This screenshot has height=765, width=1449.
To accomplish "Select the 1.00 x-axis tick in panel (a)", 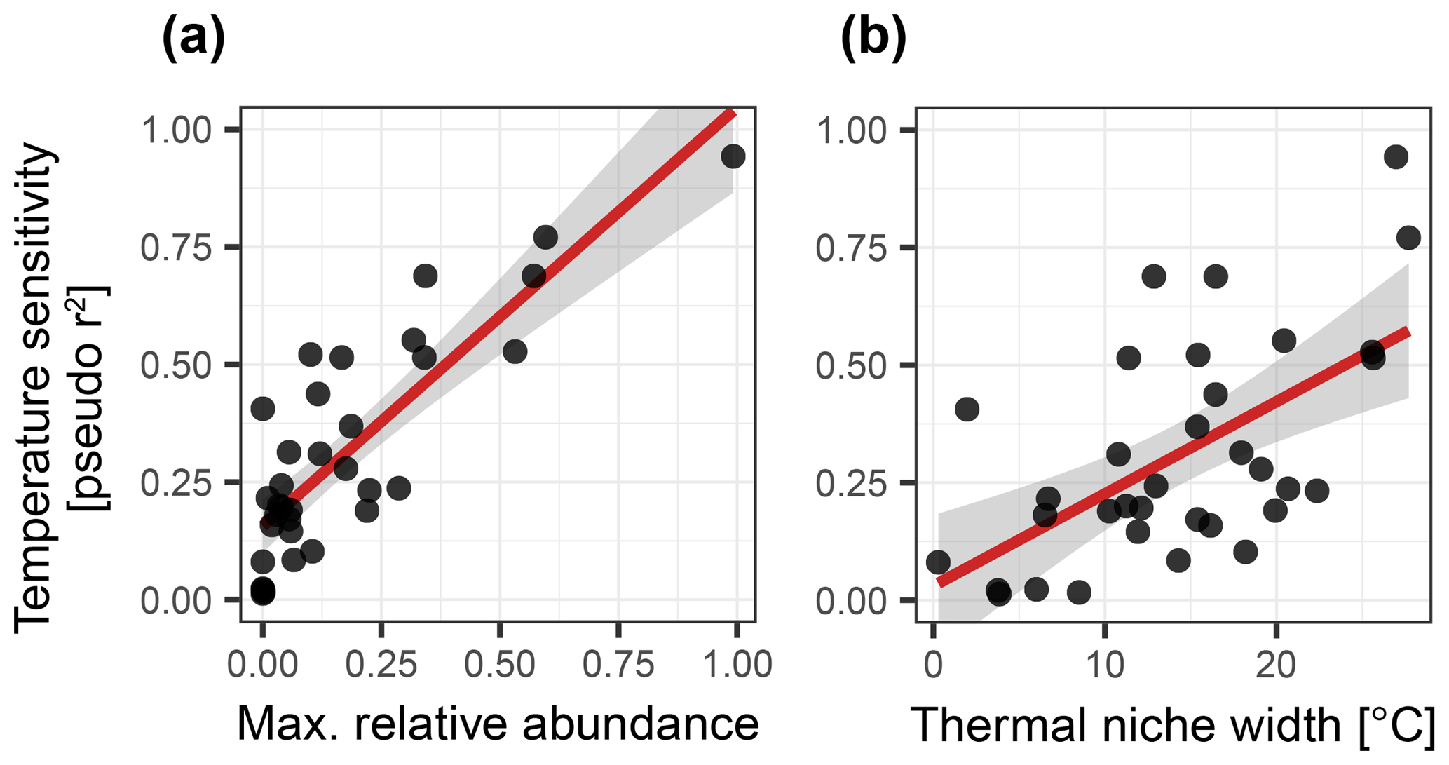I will (737, 663).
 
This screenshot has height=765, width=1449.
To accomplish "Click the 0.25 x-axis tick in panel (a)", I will (381, 663).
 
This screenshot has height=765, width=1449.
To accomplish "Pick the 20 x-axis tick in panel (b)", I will (1275, 663).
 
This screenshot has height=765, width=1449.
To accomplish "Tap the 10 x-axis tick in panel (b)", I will (1105, 663).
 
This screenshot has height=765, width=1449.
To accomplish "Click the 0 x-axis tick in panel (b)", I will (933, 663).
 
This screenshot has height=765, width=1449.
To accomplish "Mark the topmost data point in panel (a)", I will (733, 156).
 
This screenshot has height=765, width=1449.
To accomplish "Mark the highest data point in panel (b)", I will (1396, 157).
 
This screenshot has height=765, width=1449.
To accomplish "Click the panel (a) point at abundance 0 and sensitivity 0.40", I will (262, 409).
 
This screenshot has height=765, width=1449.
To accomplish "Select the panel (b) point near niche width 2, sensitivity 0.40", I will (967, 409).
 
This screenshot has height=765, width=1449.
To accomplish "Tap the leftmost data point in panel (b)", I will (938, 562).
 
